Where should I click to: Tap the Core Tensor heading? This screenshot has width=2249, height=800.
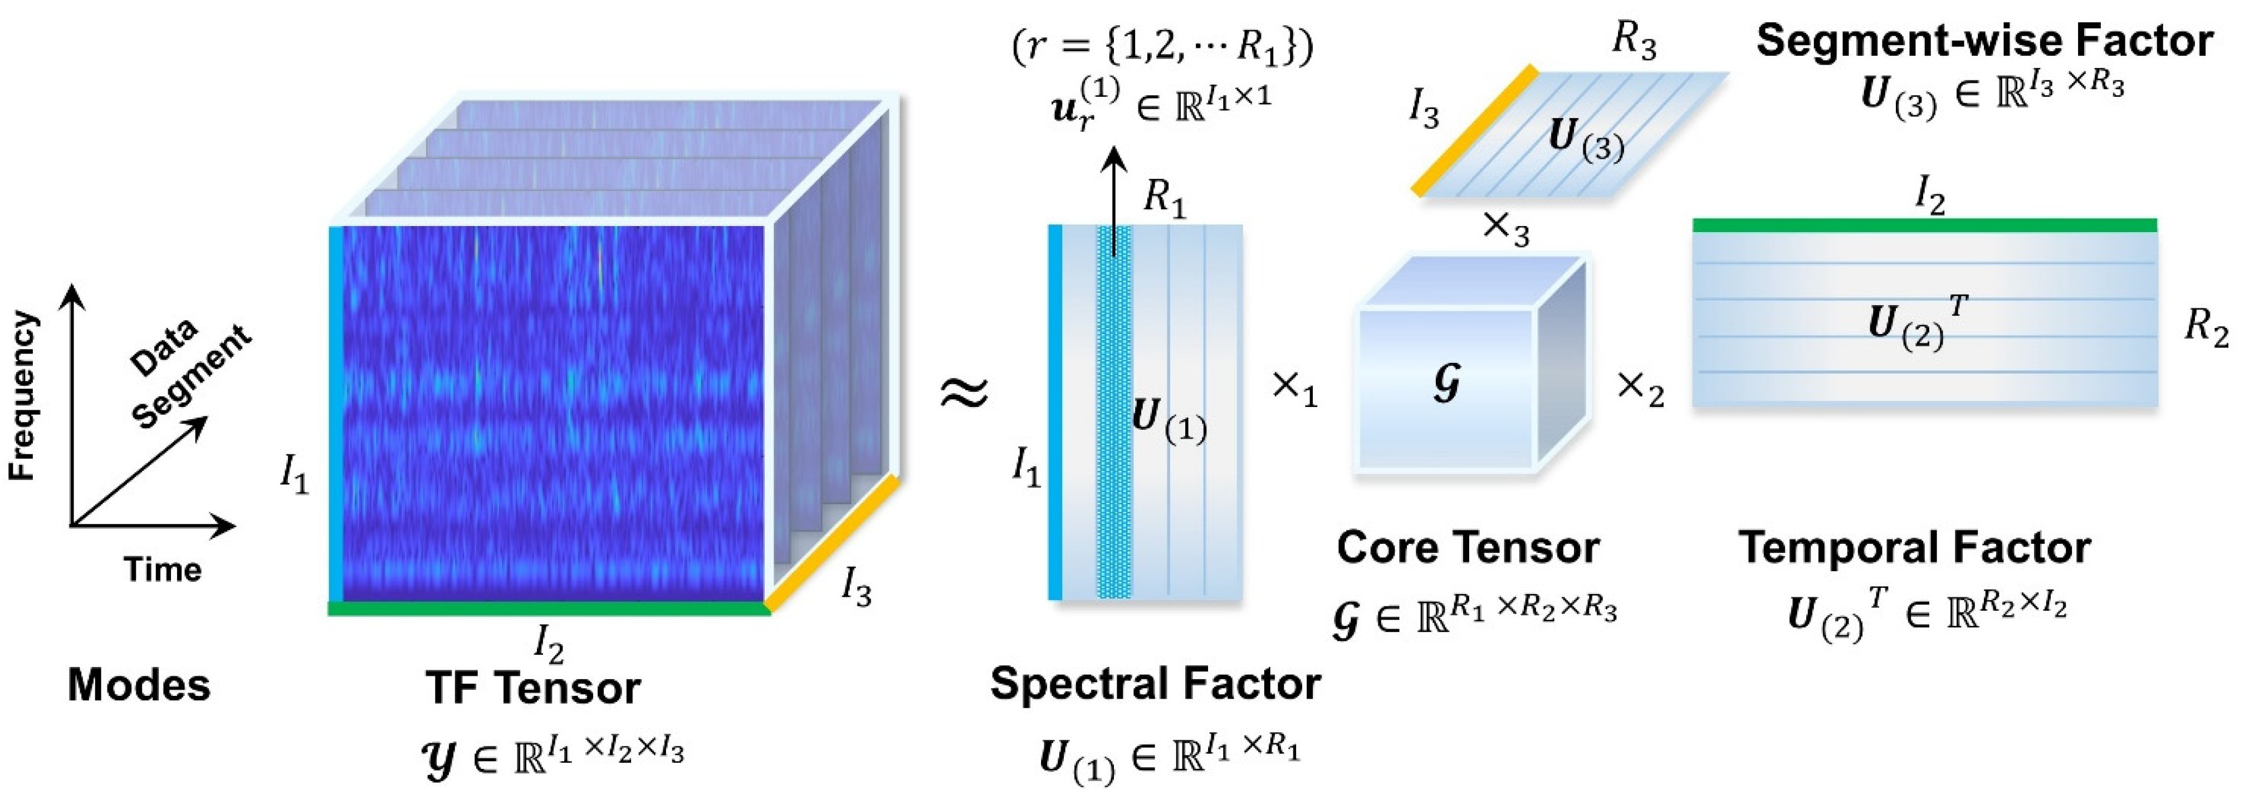(x=1468, y=548)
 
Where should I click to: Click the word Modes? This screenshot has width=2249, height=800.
(x=139, y=685)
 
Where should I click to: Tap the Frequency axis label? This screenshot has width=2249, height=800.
(x=23, y=394)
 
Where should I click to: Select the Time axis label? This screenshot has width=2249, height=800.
(x=163, y=570)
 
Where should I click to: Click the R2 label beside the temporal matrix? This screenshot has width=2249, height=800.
(x=2206, y=329)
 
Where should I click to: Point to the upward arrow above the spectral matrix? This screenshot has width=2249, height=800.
(x=1113, y=200)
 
